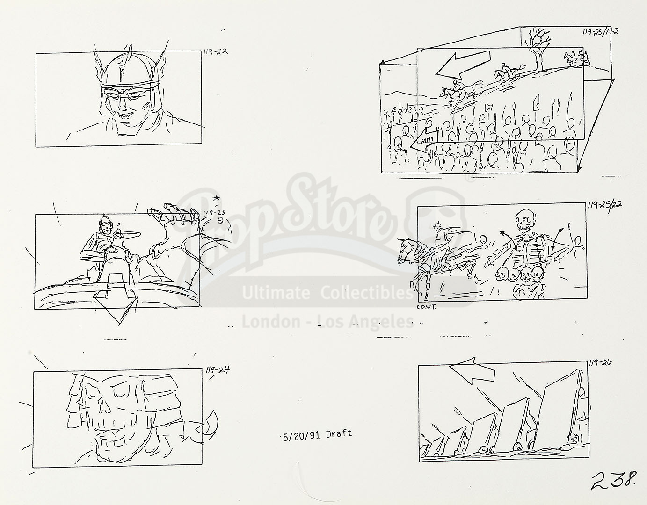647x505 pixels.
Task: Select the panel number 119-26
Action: (x=600, y=362)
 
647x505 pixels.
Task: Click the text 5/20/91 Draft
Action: (x=317, y=434)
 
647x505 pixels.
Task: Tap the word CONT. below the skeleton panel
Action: (x=426, y=307)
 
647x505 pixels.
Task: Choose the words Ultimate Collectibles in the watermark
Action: (x=327, y=293)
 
